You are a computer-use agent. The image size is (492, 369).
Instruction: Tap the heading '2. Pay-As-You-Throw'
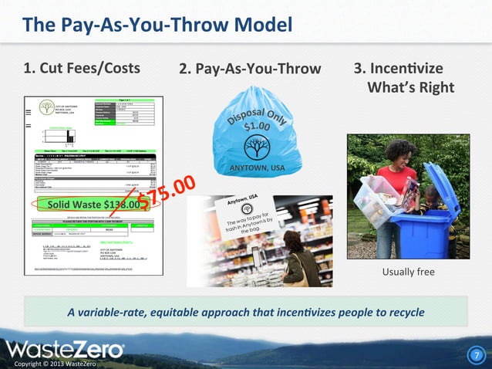point(249,69)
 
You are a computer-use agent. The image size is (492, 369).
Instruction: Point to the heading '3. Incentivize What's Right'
point(403,77)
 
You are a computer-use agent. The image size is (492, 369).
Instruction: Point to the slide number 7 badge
point(476,355)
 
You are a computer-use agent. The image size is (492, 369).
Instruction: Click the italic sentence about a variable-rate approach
point(245,312)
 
